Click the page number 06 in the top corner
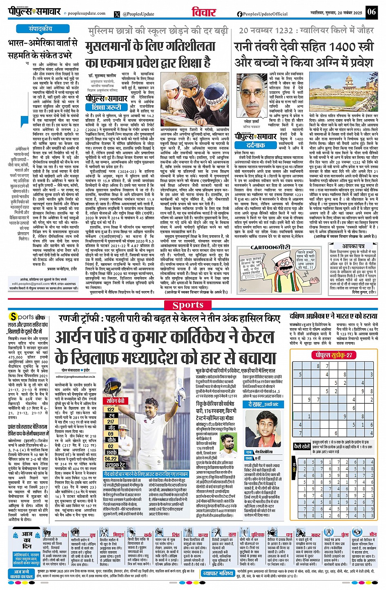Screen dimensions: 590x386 pos(371,12)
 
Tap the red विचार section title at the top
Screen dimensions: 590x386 pos(204,12)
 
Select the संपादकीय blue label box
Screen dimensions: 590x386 pos(40,29)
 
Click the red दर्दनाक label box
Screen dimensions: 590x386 pos(250,145)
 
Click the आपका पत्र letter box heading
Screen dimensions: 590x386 pos(353,247)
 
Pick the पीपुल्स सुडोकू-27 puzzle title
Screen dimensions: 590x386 pos(332,355)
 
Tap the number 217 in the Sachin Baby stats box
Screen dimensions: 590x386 pos(111,422)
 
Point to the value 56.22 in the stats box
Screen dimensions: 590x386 pos(111,459)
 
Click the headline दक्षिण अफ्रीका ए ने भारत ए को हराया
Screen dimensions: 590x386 pos(333,316)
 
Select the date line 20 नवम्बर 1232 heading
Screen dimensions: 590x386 pos(306,31)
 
